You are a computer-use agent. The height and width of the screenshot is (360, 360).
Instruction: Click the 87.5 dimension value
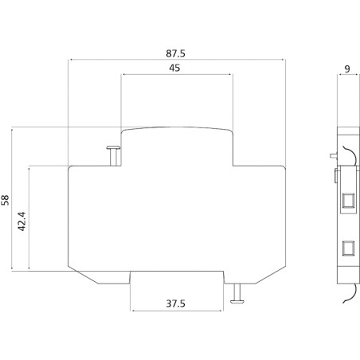[175, 53]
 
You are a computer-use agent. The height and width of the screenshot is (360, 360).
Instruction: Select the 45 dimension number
[175, 68]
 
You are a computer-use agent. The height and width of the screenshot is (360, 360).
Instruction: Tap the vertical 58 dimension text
[7, 200]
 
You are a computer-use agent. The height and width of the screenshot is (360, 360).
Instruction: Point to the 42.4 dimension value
[22, 221]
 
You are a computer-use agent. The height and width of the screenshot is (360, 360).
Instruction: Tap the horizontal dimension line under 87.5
[177, 60]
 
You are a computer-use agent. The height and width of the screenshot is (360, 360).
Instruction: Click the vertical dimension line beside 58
[14, 200]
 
